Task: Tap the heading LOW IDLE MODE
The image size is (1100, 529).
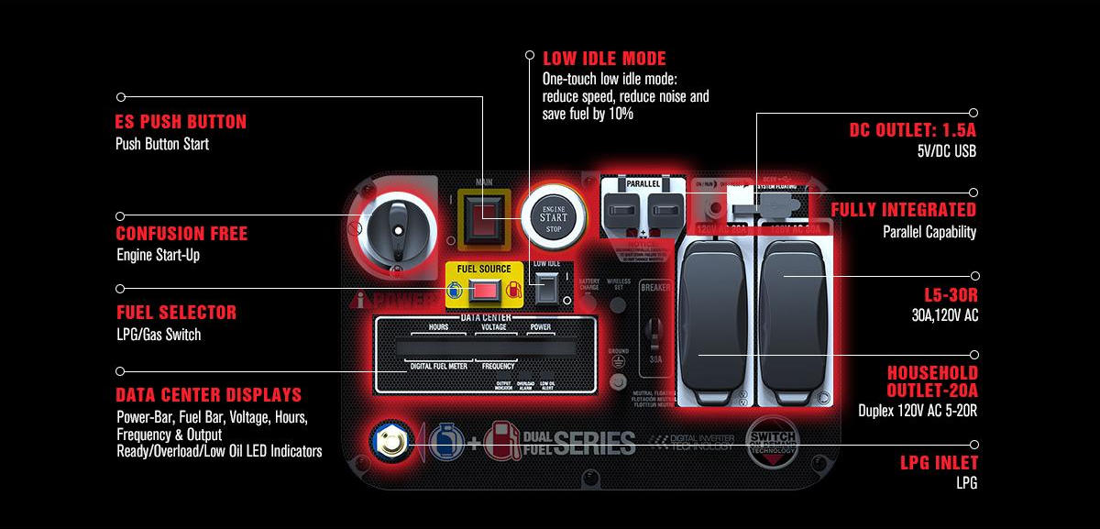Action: point(604,59)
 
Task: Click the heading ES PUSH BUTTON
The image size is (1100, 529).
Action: point(181,122)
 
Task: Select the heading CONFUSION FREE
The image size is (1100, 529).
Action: point(181,234)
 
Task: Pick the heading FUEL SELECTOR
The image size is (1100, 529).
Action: point(176,313)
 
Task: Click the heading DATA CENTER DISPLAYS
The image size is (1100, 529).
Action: point(208,396)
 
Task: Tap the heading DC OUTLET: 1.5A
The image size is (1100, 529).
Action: point(912,130)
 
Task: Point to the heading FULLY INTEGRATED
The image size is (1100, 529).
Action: point(903,210)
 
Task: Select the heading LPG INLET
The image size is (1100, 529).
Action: point(939,463)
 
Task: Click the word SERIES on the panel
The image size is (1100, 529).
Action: point(593,444)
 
